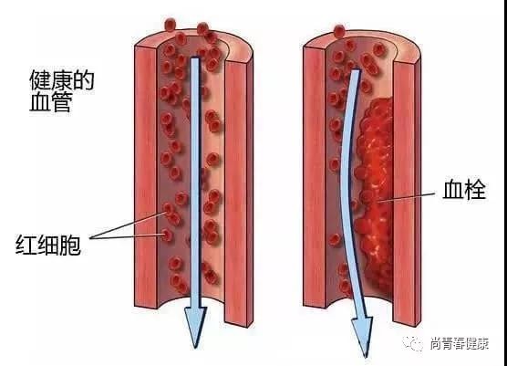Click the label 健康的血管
[61, 91]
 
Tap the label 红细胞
[47, 245]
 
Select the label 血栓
[464, 190]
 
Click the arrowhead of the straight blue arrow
[196, 325]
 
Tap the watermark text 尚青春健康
[460, 343]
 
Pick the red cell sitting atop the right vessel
[339, 31]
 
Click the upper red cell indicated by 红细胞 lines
[168, 209]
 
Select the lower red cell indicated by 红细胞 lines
[167, 235]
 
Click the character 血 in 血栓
[452, 190]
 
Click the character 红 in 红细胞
[26, 245]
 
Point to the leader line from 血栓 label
[407, 197]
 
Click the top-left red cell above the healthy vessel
[171, 25]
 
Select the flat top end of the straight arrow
[194, 58]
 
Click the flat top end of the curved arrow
[356, 70]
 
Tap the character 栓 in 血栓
[475, 190]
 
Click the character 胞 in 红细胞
[70, 245]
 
